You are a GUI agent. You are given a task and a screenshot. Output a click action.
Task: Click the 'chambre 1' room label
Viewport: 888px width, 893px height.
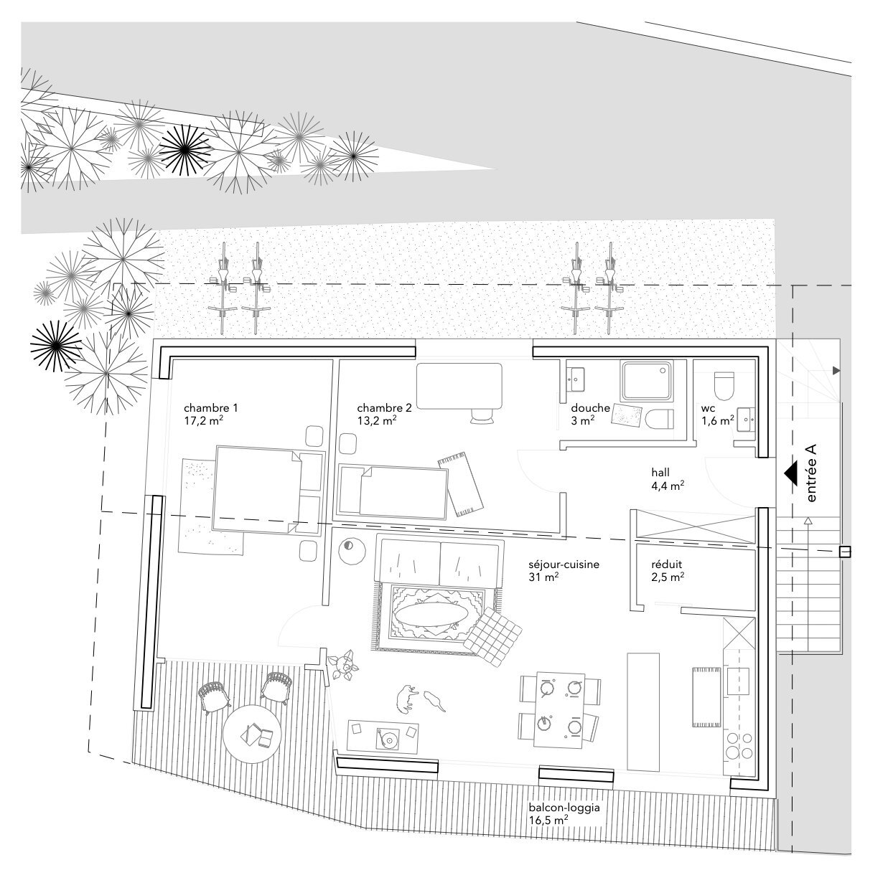[x=210, y=408]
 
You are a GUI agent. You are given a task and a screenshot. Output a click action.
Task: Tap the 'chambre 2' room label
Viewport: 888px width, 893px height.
[x=384, y=408]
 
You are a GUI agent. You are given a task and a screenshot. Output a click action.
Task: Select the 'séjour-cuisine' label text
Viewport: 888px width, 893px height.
[x=564, y=564]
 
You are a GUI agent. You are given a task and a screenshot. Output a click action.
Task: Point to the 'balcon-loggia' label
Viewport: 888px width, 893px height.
[x=564, y=807]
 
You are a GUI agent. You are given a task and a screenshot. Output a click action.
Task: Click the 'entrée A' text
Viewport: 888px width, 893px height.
[x=810, y=473]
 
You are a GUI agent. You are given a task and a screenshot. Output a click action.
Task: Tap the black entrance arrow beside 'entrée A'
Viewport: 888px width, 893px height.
[x=790, y=473]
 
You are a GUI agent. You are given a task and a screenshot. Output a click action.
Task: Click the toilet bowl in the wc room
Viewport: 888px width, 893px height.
[x=724, y=386]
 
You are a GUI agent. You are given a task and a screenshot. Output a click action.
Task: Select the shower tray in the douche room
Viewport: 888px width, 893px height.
[x=647, y=382]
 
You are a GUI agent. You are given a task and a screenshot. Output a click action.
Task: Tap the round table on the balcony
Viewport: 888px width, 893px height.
[x=252, y=734]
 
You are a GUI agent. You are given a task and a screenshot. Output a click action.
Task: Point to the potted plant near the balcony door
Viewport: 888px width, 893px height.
[x=344, y=666]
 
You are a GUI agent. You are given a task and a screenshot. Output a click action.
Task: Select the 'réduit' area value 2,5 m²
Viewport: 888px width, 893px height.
[x=668, y=577]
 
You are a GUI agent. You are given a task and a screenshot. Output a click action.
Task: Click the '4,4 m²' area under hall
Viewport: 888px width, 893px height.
[x=668, y=486]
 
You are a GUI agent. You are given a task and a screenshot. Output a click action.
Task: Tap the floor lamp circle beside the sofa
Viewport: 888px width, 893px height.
[x=352, y=552]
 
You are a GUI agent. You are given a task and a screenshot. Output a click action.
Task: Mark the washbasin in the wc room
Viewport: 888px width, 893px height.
[x=746, y=420]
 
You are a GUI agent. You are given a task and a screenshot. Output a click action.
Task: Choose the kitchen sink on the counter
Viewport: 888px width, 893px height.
[x=738, y=681]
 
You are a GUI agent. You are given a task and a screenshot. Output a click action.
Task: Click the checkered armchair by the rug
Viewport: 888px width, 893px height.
[x=492, y=637]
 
